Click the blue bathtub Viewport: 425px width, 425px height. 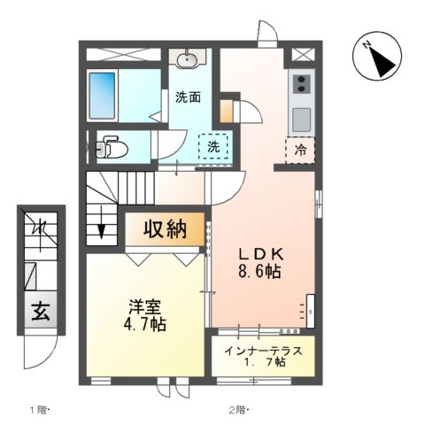tap(102, 96)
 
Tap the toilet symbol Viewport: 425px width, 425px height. tap(112, 146)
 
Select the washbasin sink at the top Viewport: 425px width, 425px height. tap(187, 60)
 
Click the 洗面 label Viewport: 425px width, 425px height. tap(188, 97)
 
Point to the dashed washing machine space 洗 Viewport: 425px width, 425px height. tap(213, 146)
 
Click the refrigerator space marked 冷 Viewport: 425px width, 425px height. tap(300, 151)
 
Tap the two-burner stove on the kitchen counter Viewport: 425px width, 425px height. tap(301, 83)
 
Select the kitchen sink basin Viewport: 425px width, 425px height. tap(301, 120)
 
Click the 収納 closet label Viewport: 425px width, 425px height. tap(165, 229)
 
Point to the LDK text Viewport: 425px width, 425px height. tap(261, 254)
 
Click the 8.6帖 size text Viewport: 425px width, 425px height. tap(259, 272)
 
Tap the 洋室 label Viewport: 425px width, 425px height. tap(144, 307)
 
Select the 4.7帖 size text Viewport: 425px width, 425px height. tap(144, 324)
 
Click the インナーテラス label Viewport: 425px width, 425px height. tap(263, 352)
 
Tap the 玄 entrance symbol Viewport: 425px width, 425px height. tap(41, 312)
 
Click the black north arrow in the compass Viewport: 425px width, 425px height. tap(382, 63)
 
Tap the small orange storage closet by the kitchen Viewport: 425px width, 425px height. tap(227, 111)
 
